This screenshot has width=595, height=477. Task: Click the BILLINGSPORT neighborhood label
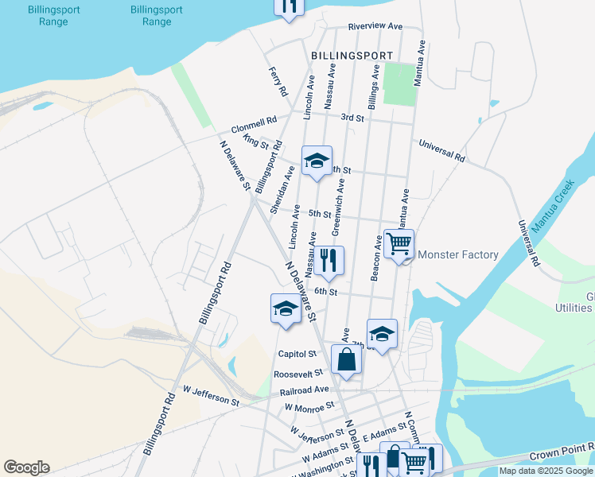pyautogui.click(x=352, y=56)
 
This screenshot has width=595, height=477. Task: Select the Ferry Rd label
pyautogui.click(x=276, y=82)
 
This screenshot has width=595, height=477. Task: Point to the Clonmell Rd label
pyautogui.click(x=254, y=126)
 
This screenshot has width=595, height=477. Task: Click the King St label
pyautogui.click(x=257, y=142)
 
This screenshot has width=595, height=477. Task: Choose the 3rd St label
pyautogui.click(x=352, y=118)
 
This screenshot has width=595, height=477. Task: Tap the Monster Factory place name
pyautogui.click(x=457, y=255)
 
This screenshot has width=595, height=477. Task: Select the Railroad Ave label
pyautogui.click(x=304, y=390)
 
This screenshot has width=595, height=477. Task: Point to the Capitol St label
pyautogui.click(x=297, y=353)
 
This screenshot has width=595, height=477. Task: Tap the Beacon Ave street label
pyautogui.click(x=375, y=258)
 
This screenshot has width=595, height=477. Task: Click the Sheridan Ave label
pyautogui.click(x=282, y=190)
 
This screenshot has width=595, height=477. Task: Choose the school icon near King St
pyautogui.click(x=317, y=160)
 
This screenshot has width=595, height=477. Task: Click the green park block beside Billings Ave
pyautogui.click(x=399, y=83)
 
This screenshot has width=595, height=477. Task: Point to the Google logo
pyautogui.click(x=26, y=467)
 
